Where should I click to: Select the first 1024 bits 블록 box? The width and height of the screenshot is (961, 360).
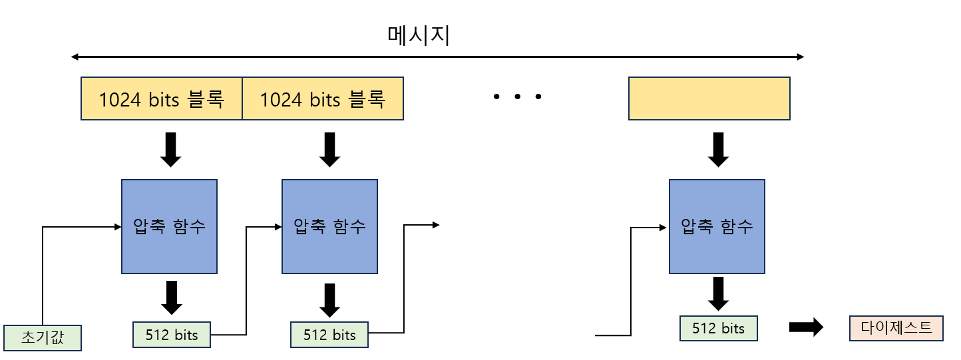(161, 98)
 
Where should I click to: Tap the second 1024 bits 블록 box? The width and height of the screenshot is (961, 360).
(323, 98)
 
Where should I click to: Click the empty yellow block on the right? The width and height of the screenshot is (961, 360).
(709, 98)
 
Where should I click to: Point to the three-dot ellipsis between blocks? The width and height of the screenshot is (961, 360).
(517, 98)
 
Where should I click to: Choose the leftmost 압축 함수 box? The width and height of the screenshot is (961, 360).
(169, 226)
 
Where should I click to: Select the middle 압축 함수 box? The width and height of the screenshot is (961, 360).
(329, 226)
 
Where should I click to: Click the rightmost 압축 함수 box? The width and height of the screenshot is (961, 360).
(717, 226)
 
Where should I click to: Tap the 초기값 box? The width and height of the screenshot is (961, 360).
(43, 337)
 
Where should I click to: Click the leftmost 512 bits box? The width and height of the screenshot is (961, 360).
(172, 335)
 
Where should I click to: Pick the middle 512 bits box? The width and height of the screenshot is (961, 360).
(329, 334)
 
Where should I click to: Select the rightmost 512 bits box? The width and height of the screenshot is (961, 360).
(718, 328)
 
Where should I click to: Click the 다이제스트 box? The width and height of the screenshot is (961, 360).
(896, 328)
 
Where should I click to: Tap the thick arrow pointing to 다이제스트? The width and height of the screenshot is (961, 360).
(805, 327)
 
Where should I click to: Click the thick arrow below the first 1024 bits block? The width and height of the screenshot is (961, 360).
(171, 149)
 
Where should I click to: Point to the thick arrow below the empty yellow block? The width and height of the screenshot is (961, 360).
(717, 149)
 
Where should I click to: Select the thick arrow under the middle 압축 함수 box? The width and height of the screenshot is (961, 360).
(329, 299)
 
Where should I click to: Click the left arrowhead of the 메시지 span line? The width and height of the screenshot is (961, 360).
(75, 57)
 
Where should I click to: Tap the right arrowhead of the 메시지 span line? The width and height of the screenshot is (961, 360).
(801, 57)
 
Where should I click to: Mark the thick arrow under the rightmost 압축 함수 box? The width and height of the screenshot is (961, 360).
(717, 293)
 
